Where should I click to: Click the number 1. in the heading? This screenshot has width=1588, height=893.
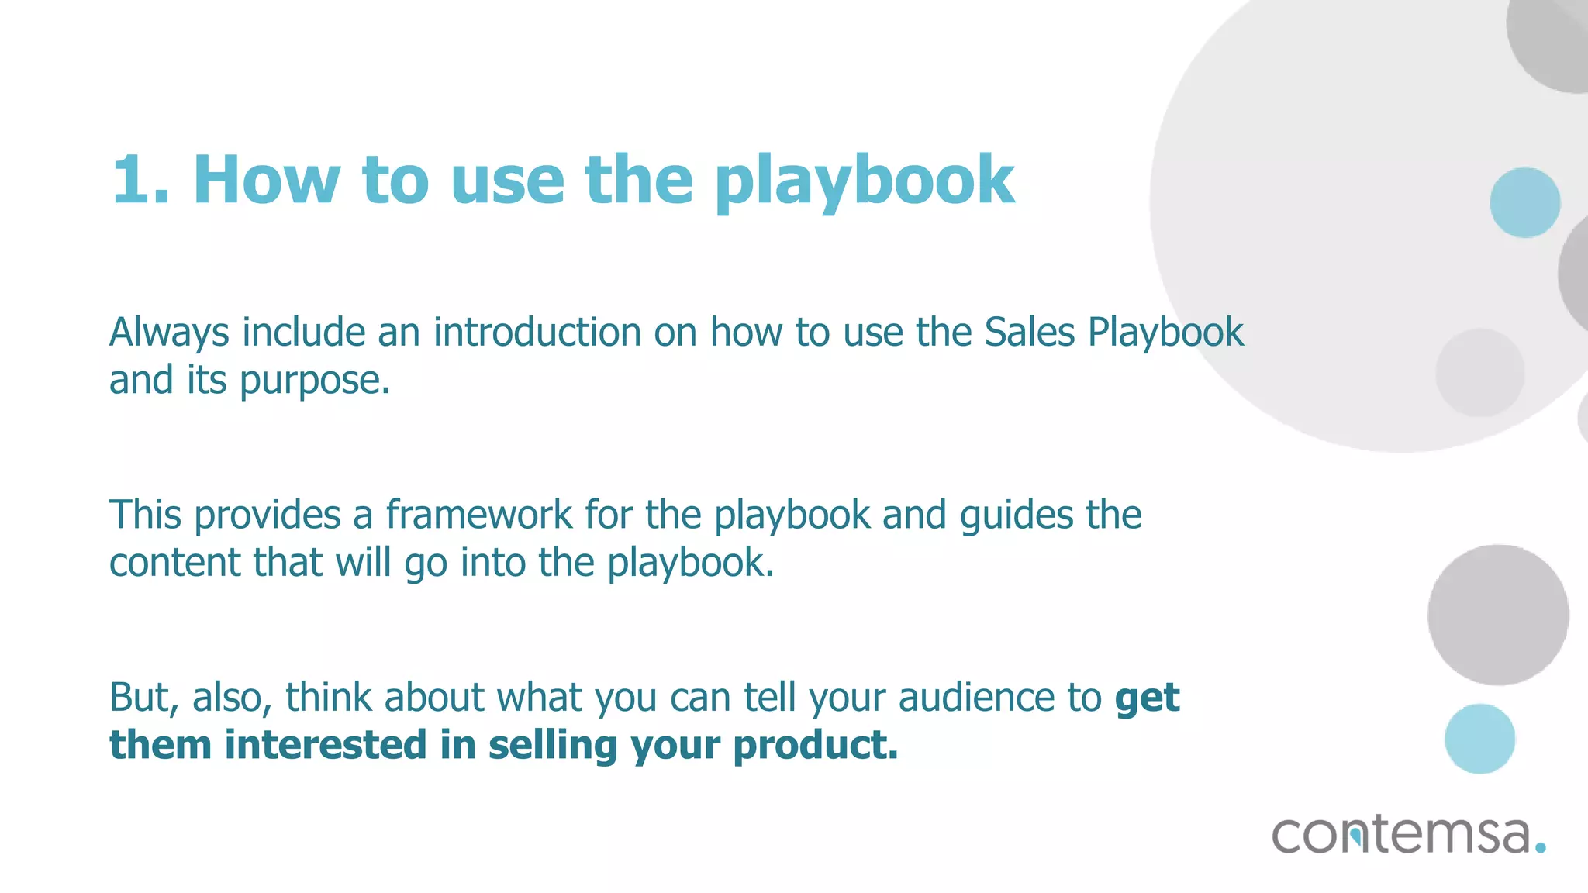(x=140, y=180)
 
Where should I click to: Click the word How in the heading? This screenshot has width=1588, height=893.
(x=266, y=180)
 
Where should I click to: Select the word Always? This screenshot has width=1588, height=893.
(x=169, y=333)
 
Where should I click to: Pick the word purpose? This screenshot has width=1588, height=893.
(x=315, y=381)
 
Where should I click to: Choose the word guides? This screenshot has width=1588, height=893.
(x=1016, y=516)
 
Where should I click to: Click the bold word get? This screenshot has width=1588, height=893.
(x=1147, y=698)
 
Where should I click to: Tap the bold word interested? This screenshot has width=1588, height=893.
(x=325, y=745)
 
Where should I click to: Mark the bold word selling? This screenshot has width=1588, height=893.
(x=553, y=746)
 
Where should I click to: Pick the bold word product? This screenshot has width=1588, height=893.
(x=815, y=746)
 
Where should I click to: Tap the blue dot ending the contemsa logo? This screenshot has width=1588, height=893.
(x=1540, y=847)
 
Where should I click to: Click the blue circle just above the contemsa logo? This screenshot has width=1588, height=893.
(x=1479, y=739)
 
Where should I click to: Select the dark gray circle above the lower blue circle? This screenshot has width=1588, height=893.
(x=1497, y=615)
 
